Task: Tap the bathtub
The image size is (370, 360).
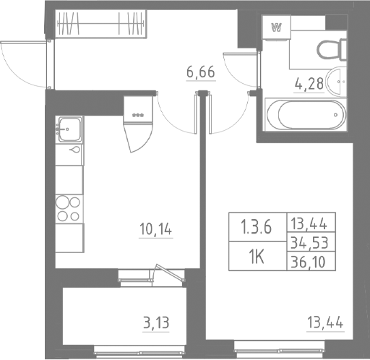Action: (x=303, y=114)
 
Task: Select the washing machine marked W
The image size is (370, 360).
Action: (x=276, y=28)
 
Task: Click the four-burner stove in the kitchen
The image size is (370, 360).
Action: (x=68, y=207)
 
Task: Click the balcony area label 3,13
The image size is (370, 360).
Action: (x=157, y=321)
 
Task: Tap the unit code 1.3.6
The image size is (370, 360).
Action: (x=256, y=229)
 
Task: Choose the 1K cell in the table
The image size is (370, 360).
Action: (x=255, y=257)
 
